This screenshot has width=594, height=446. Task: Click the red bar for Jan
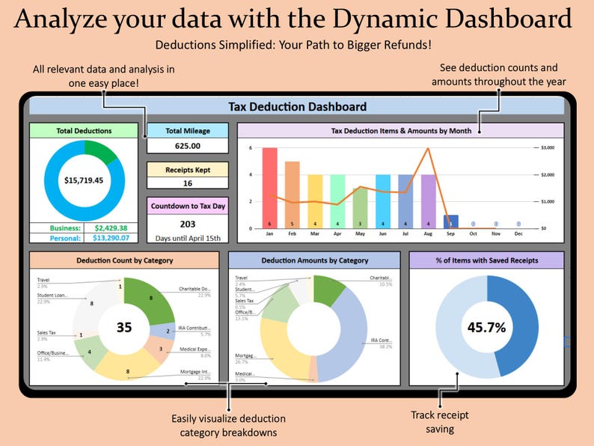tap(270, 187)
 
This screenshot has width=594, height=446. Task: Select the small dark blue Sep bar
tap(451, 222)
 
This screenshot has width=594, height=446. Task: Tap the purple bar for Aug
tap(429, 201)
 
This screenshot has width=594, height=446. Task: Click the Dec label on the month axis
tap(518, 233)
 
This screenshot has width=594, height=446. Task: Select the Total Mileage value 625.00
tap(188, 146)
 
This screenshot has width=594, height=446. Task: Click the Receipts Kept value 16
tap(188, 183)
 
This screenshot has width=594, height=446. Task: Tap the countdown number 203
tap(188, 224)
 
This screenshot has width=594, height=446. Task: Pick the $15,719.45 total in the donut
tap(84, 180)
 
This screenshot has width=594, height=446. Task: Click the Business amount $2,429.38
tap(111, 228)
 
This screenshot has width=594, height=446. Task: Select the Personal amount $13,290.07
tap(111, 238)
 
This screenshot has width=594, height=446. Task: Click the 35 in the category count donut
tap(125, 327)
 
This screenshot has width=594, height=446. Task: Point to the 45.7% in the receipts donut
tap(487, 327)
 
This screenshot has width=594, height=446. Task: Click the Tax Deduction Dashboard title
tap(297, 106)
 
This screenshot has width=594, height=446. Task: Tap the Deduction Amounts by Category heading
tap(315, 260)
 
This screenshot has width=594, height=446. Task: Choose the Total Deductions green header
tap(84, 131)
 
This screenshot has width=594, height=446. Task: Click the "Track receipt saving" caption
tap(433, 422)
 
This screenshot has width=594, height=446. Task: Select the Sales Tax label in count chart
tap(47, 332)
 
